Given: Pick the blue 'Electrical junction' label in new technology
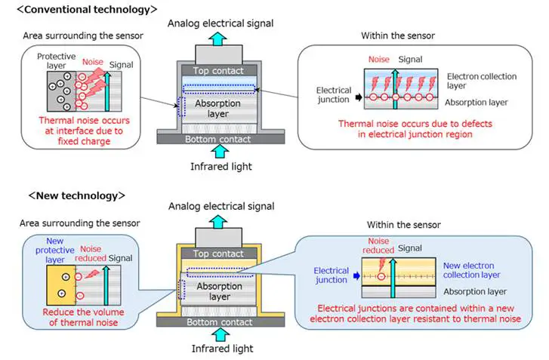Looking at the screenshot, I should coord(332,275).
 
